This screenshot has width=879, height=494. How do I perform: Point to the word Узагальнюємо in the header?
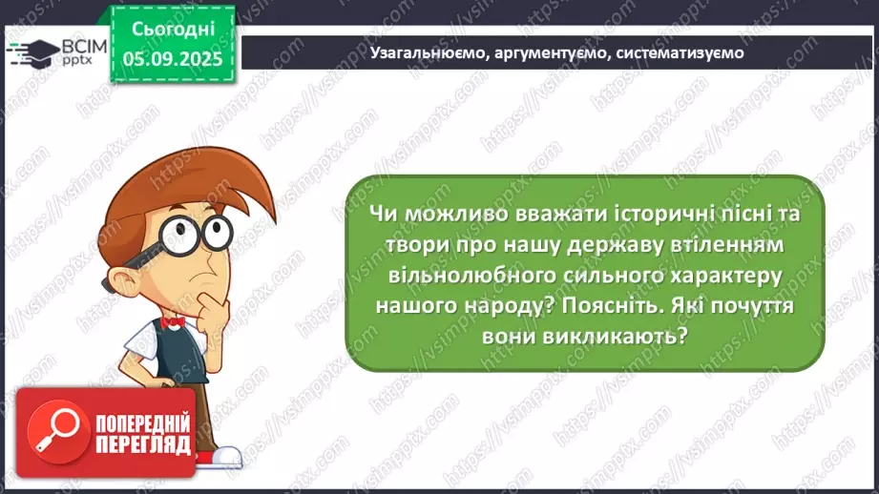coord(428,53)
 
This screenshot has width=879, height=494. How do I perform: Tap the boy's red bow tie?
coord(173,322)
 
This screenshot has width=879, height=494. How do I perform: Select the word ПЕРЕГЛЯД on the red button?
coord(143,444)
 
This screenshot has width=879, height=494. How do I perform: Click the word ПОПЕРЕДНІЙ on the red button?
coord(143,423)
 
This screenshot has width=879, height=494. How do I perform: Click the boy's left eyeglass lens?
coord(174,230)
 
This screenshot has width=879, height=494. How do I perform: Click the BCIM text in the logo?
coord(83,44)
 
